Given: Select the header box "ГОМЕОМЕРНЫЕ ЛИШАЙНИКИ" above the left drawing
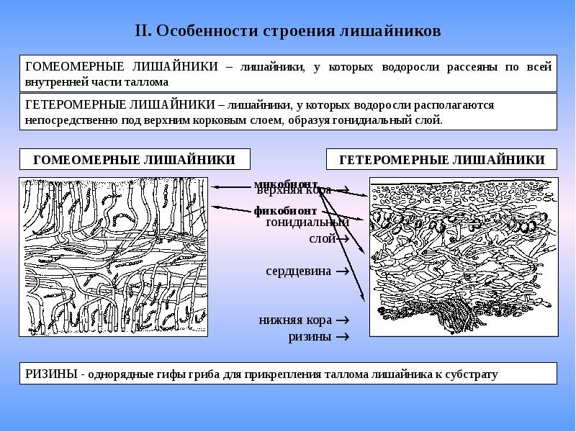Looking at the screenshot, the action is point(135,160).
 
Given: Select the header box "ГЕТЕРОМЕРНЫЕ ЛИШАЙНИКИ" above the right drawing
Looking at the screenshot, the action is point(442,160).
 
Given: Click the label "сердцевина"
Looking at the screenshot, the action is point(298,271).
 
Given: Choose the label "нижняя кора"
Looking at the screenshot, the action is point(295,320).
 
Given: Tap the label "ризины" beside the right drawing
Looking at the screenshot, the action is point(310,336).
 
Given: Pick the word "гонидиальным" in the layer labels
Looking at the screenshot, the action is point(307,222).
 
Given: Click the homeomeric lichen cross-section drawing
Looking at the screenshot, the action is point(113,256).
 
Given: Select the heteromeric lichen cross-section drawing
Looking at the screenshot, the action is point(464,256).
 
